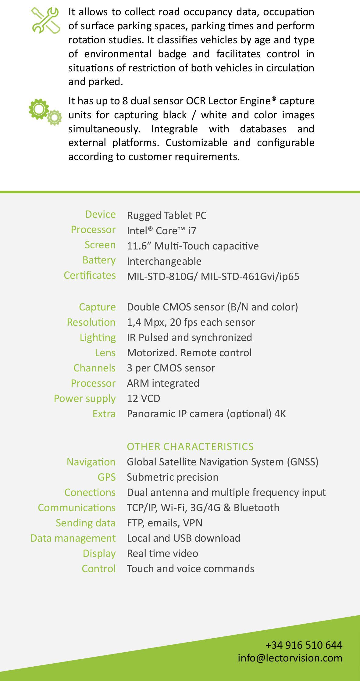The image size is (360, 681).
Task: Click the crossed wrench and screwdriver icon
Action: (46, 20)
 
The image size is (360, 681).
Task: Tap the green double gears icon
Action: (45, 112)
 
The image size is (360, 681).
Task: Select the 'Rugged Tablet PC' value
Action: (167, 216)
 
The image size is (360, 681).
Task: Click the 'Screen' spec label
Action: (100, 245)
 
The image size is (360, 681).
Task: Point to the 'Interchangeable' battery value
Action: (164, 261)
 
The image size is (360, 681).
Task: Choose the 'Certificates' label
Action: (90, 275)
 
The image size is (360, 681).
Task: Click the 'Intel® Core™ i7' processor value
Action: (162, 231)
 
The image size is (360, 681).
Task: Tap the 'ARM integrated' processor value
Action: (163, 383)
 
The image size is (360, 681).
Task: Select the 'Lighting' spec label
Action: (98, 338)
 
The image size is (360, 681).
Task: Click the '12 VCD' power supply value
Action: (144, 399)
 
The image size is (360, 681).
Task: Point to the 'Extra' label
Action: (104, 414)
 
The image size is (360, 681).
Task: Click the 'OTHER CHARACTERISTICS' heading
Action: (190, 447)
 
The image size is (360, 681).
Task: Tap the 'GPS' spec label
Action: (106, 477)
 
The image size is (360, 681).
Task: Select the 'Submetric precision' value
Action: (173, 477)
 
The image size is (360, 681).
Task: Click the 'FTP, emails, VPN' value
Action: (165, 523)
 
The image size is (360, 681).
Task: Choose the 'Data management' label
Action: (73, 539)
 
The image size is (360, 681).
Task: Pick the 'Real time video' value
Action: (162, 554)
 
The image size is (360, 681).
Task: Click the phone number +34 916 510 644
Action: (304, 645)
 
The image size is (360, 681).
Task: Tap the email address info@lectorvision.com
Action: (290, 658)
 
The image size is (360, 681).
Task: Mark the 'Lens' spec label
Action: (105, 353)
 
